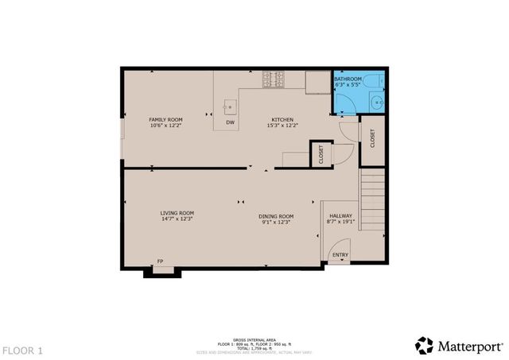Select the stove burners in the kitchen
click(x=274, y=79)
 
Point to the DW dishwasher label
click(x=230, y=122)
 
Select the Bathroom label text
click(x=348, y=79)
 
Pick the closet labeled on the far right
click(x=371, y=137)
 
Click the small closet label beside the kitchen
click(x=321, y=153)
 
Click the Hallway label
click(x=340, y=216)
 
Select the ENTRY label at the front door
click(x=340, y=255)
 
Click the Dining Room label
click(x=276, y=216)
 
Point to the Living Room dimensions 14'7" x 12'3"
click(x=177, y=219)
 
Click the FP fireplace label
click(x=160, y=261)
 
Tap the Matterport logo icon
click(x=424, y=345)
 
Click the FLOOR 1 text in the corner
click(x=22, y=350)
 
